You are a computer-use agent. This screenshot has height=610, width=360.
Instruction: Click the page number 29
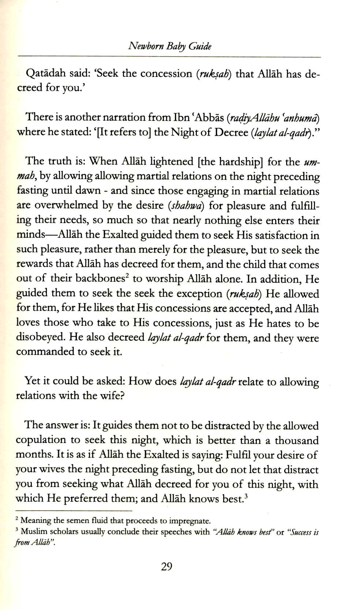pyautogui.click(x=166, y=566)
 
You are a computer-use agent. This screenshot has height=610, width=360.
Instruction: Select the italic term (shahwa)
pyautogui.click(x=187, y=206)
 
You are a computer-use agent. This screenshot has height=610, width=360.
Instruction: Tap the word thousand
pyautogui.click(x=297, y=440)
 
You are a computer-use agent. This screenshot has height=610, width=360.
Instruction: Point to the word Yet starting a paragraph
pyautogui.click(x=33, y=381)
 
